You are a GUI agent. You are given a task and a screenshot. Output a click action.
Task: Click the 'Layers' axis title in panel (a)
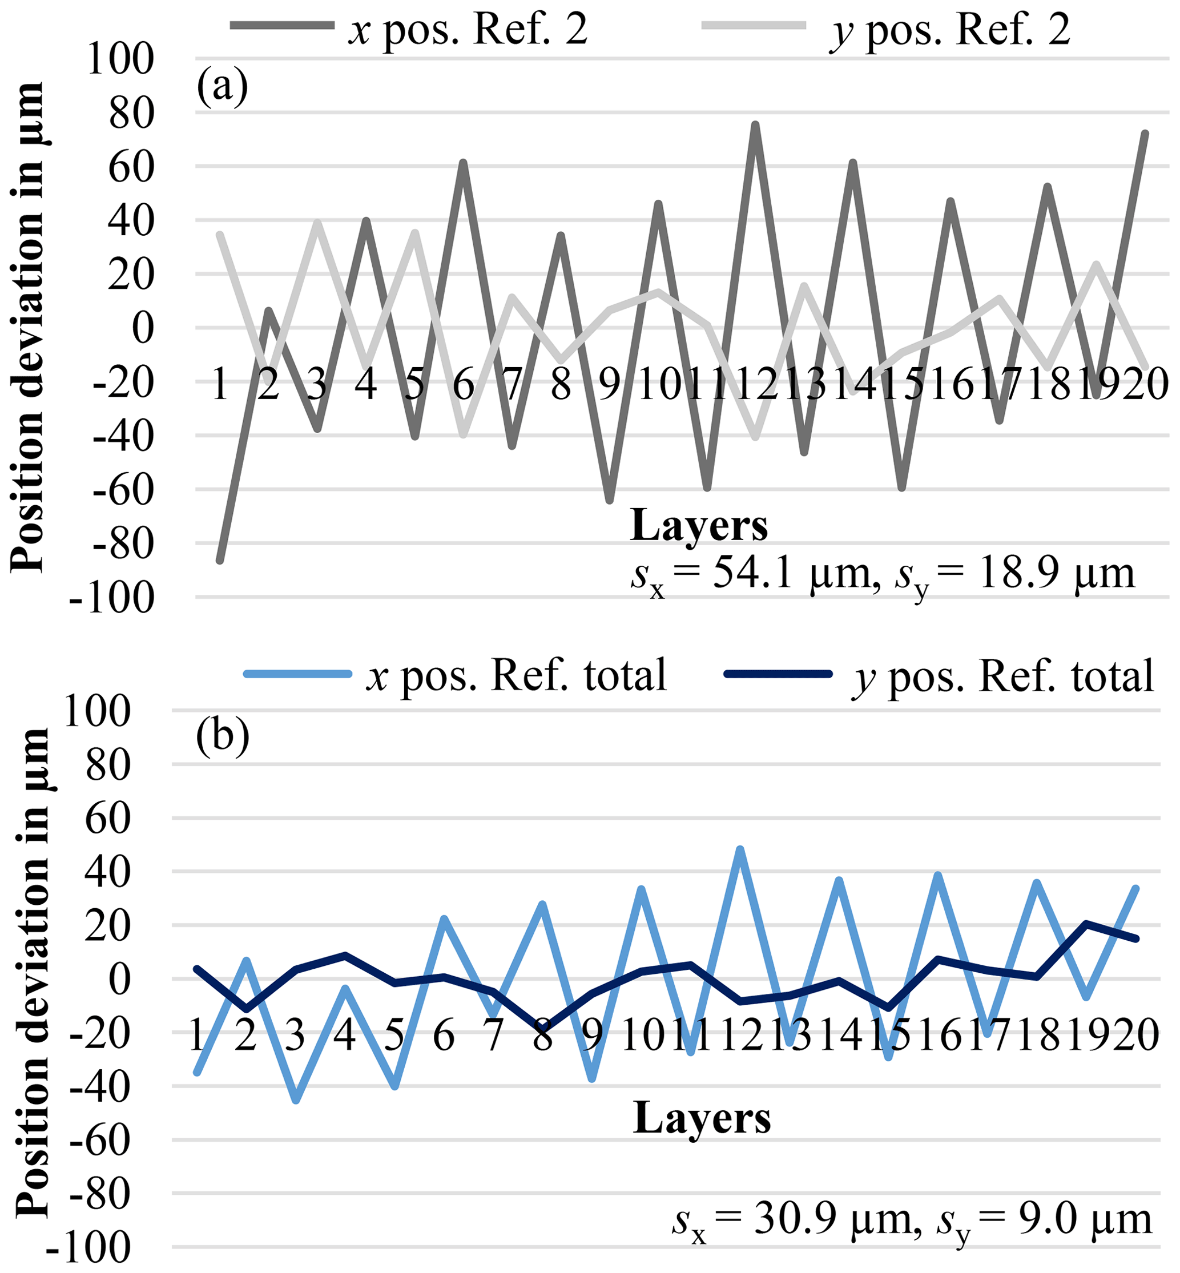click(699, 525)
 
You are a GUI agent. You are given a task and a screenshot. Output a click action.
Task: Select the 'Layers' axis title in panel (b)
click(702, 1118)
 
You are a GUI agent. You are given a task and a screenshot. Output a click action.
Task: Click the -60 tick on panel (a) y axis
click(124, 490)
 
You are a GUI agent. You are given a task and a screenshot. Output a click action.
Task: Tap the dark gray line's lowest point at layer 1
click(220, 561)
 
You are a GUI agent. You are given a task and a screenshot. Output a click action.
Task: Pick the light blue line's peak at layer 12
click(740, 850)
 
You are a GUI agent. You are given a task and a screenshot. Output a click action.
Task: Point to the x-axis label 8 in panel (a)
click(561, 385)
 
